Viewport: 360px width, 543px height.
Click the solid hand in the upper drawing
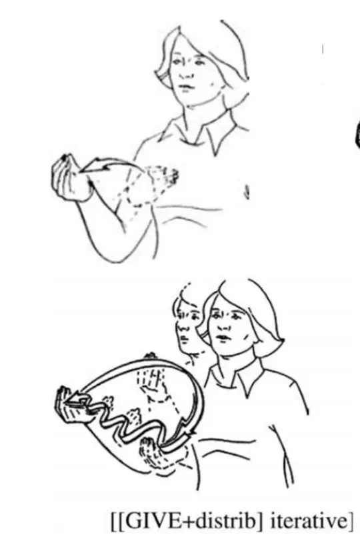coord(70,177)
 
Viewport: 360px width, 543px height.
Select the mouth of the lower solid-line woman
coord(223,338)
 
